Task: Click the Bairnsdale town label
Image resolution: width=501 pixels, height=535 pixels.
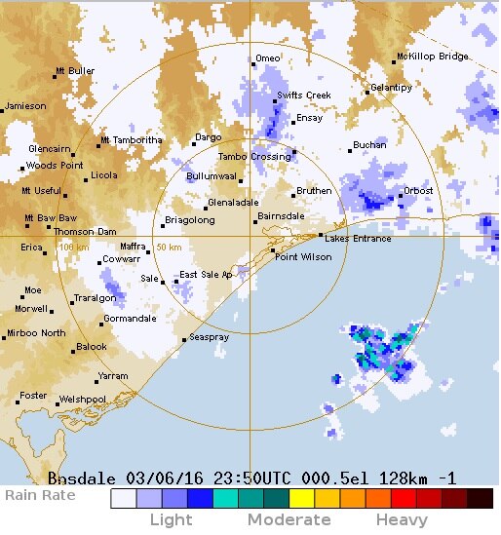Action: [x=281, y=216]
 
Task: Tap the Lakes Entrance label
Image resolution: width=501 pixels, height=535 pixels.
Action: [x=358, y=239]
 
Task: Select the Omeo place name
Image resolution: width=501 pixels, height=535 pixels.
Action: [x=267, y=58]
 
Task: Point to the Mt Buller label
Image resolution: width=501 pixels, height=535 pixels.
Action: [x=75, y=71]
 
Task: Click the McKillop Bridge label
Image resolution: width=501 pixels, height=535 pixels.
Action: [x=432, y=57]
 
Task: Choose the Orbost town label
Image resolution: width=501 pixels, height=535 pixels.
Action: [x=418, y=191]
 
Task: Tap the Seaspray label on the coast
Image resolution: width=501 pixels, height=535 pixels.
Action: [x=209, y=337]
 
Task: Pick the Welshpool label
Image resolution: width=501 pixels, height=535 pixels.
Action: [x=82, y=400]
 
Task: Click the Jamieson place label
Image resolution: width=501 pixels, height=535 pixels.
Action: [x=25, y=106]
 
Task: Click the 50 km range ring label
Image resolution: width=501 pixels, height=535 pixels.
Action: [x=168, y=248]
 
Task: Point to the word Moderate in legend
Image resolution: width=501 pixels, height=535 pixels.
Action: [x=289, y=520]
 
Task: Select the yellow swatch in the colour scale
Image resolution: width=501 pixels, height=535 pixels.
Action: [x=300, y=499]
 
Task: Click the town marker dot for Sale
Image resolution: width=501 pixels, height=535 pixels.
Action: [x=163, y=282]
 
